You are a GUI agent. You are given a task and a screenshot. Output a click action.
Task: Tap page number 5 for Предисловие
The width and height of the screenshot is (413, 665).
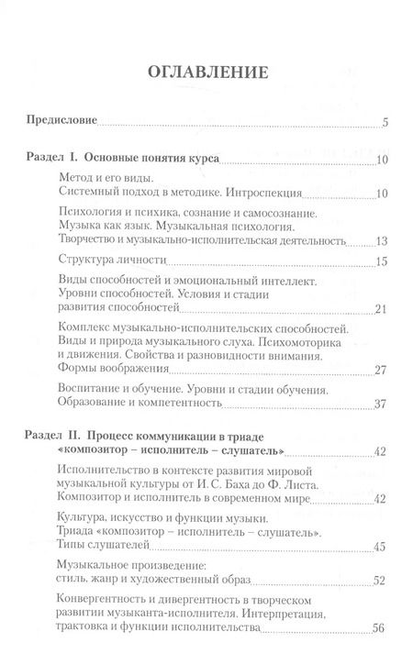coord(386,122)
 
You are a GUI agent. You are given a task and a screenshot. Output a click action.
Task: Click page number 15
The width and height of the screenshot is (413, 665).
coord(384,261)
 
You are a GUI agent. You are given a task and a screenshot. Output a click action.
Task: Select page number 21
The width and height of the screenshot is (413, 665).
coord(384,308)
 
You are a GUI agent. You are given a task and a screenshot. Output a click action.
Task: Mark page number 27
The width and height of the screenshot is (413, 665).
coord(384,371)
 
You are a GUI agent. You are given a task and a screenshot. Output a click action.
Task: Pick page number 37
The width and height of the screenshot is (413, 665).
coord(384,405)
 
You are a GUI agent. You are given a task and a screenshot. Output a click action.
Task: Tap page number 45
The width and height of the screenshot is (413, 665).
coord(384,547)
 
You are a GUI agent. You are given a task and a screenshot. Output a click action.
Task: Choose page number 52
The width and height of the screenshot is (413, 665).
coord(384,582)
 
